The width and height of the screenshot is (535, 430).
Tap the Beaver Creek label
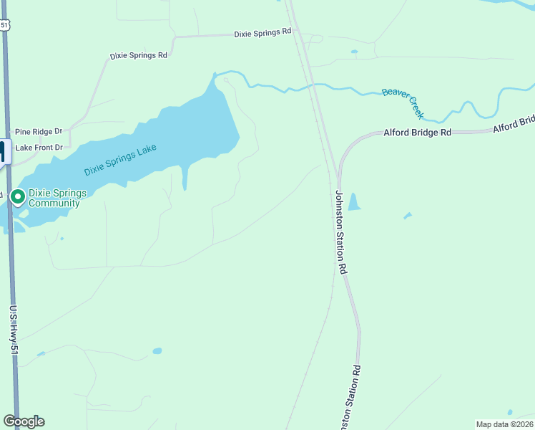point(403,103)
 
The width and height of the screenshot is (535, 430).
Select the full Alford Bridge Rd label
point(418,133)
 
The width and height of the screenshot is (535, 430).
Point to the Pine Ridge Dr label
point(39,132)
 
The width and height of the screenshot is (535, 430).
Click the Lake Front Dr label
point(39,148)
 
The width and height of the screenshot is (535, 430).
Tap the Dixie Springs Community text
point(54,199)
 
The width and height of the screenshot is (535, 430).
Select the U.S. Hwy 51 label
point(13,330)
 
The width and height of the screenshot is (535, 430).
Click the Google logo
point(24,421)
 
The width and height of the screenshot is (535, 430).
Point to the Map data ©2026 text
point(505,424)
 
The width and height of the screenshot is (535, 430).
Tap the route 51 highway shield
point(4,24)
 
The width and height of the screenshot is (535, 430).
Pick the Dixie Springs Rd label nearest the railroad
point(263,32)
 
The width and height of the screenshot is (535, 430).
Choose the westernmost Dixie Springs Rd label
point(138,55)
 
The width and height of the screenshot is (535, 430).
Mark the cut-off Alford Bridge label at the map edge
point(514,123)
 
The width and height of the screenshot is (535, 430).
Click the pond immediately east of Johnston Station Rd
point(353,202)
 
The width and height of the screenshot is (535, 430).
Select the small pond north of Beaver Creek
point(353,52)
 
